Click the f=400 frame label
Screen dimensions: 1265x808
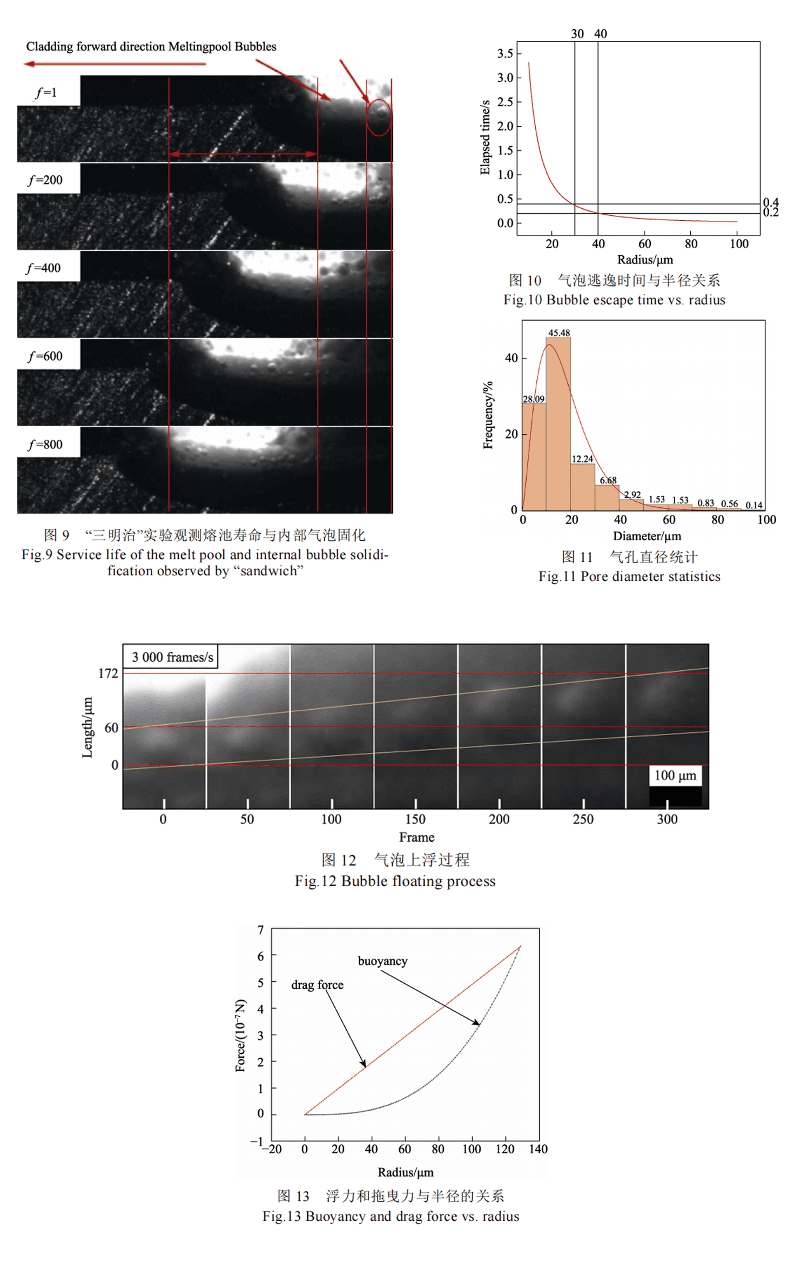(45, 268)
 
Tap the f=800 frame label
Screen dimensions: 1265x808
(45, 445)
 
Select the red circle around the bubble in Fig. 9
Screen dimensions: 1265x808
(379, 117)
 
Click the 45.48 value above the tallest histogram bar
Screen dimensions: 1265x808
(559, 333)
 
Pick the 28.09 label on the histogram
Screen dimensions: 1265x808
(534, 399)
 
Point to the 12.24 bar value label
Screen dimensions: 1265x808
(582, 459)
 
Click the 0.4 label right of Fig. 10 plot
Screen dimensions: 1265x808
(771, 202)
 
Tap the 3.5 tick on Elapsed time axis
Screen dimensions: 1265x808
(505, 53)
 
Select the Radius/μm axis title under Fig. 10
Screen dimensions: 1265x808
(645, 260)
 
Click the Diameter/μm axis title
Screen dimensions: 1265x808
(647, 536)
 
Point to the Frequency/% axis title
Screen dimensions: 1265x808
(488, 415)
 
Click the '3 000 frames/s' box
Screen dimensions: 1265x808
(172, 657)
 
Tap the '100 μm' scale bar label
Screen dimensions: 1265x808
(675, 776)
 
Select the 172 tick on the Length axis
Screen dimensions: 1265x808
(108, 674)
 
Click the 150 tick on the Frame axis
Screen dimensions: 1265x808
(415, 819)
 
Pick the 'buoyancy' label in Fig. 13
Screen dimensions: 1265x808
(382, 961)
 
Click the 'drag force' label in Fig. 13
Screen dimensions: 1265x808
(317, 985)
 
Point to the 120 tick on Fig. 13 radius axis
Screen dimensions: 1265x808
(504, 1149)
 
